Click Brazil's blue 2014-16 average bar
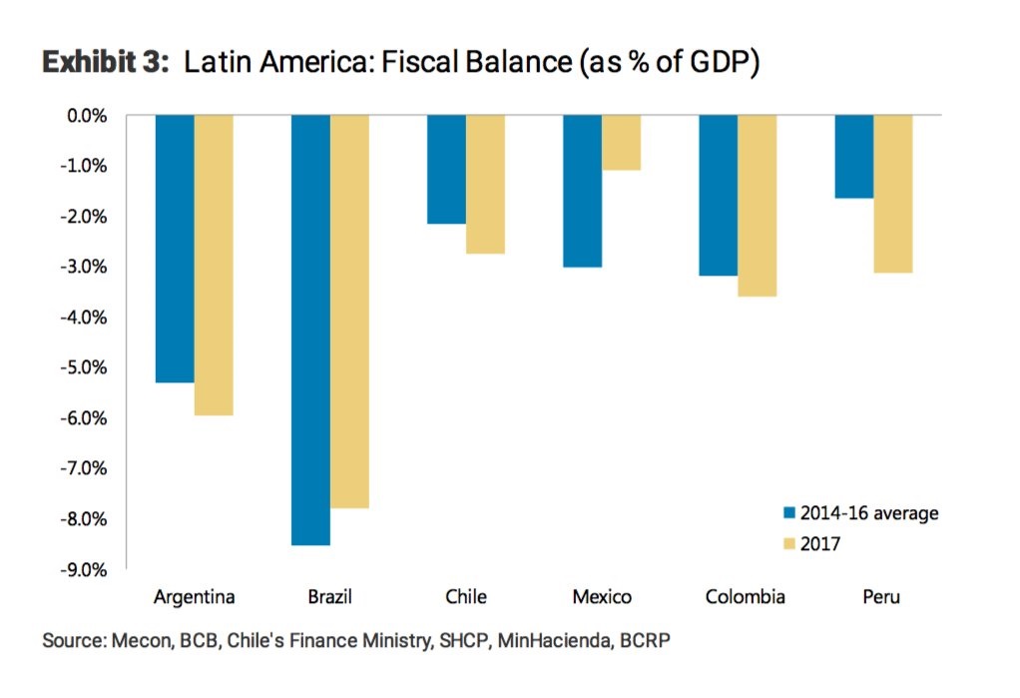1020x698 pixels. [x=310, y=330]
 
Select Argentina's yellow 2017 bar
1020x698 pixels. [x=214, y=265]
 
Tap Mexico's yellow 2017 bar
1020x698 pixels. [x=621, y=143]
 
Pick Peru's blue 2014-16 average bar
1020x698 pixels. [x=853, y=157]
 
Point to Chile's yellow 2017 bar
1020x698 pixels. [x=485, y=185]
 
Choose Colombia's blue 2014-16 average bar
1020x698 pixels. [x=718, y=195]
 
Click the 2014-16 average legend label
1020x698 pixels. [x=869, y=513]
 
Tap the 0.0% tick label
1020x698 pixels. [x=87, y=116]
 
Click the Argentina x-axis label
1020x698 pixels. [x=195, y=598]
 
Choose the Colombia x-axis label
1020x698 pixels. [x=745, y=598]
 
